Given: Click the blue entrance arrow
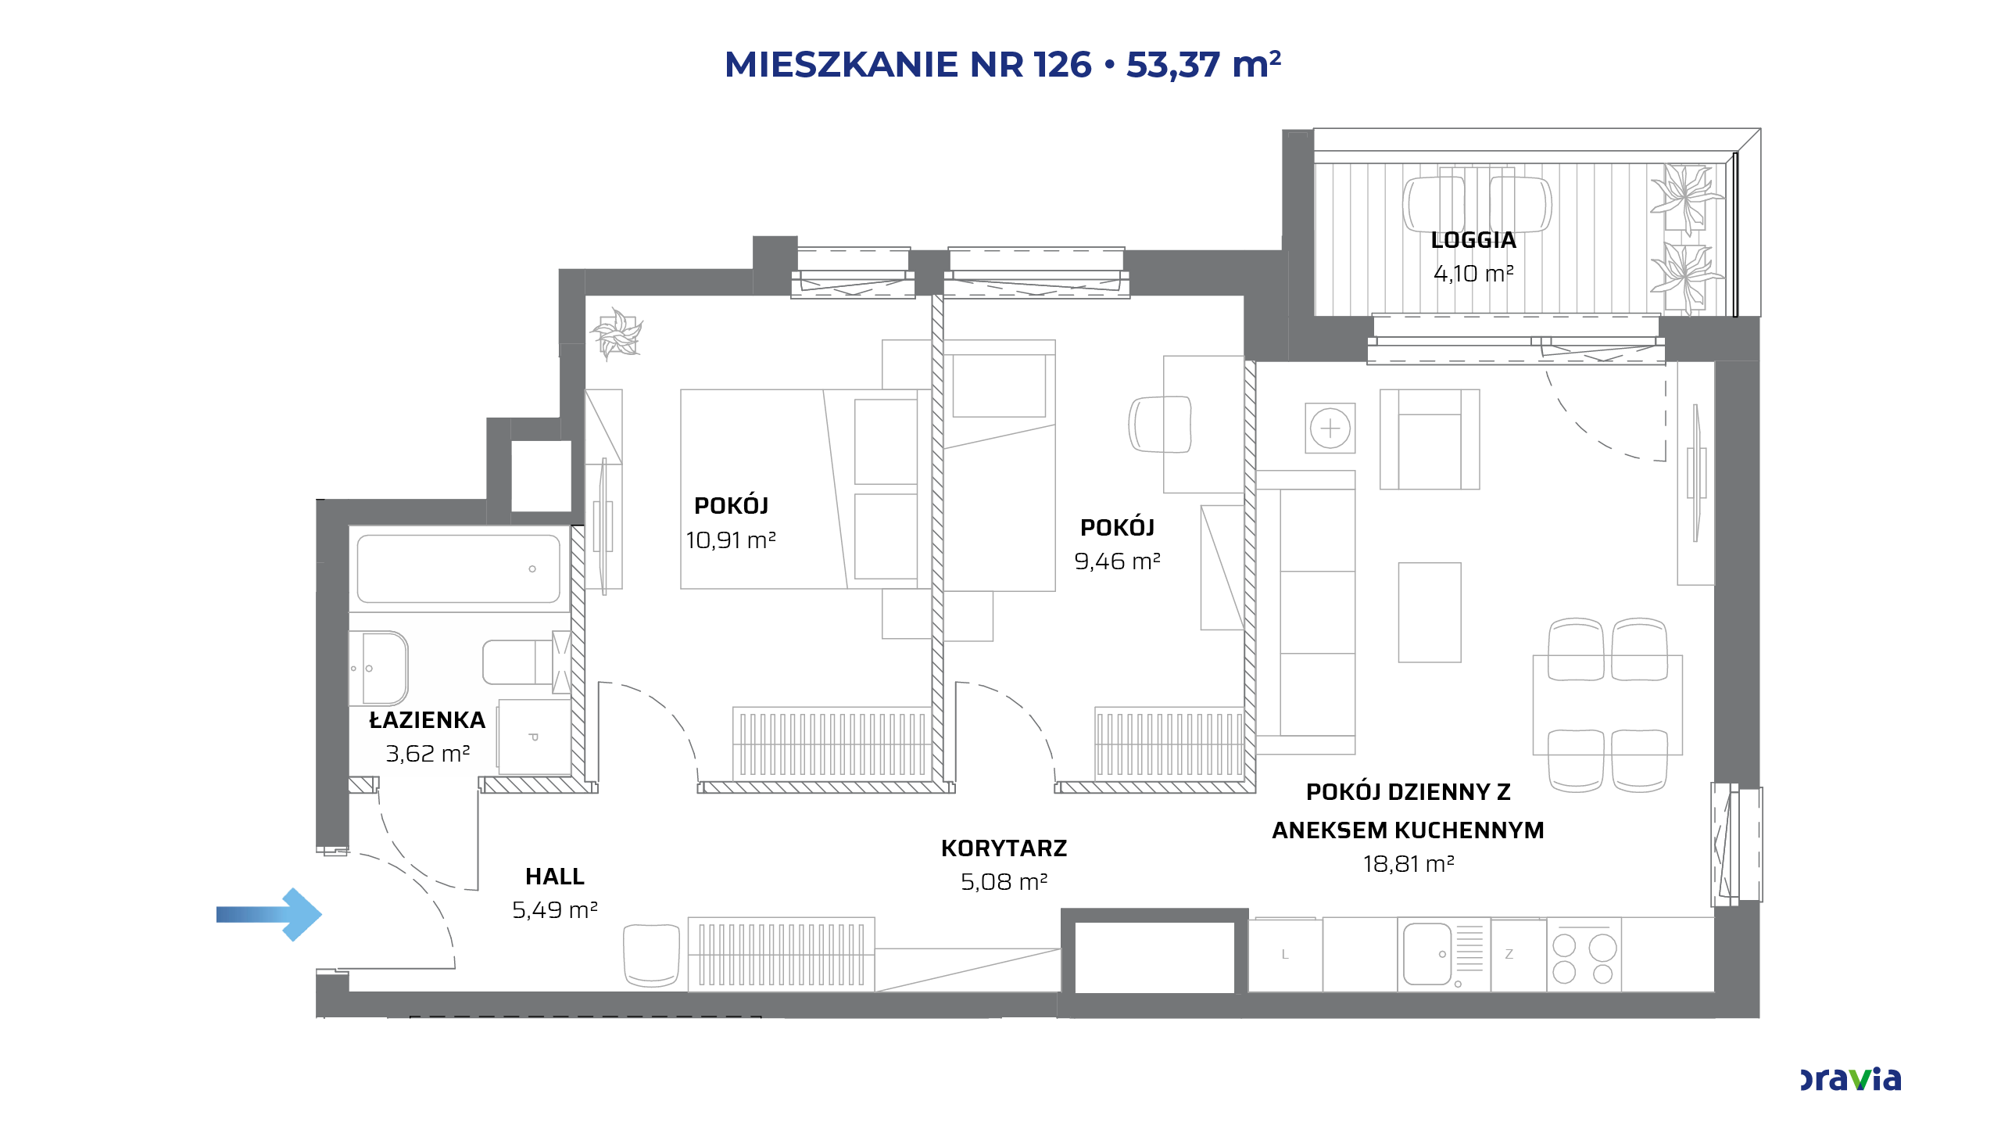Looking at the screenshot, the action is tap(269, 914).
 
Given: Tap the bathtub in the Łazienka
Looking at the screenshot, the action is tap(459, 568).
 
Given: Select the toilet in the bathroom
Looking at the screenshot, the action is tap(517, 662).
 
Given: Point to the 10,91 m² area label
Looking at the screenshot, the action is tap(731, 540).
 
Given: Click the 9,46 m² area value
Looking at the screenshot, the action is tap(1117, 561).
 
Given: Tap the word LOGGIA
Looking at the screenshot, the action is tap(1473, 240).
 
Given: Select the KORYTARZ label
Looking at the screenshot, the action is tap(1004, 848).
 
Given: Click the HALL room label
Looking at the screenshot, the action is tap(555, 877).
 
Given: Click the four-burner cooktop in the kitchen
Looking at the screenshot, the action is tap(1584, 955).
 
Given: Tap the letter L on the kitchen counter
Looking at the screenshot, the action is tap(1285, 955).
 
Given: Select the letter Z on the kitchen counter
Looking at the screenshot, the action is tap(1509, 955).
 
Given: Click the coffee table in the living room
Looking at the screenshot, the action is tap(1430, 612).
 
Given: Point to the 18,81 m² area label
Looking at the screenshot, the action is tap(1409, 864).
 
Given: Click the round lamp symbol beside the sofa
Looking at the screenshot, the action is tap(1330, 429).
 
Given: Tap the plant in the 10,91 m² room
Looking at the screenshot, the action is tap(617, 334).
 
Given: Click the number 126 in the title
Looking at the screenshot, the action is tap(1062, 65).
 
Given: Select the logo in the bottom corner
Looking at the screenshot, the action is tap(1850, 1079).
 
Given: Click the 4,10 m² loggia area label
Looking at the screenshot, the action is tap(1473, 274).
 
